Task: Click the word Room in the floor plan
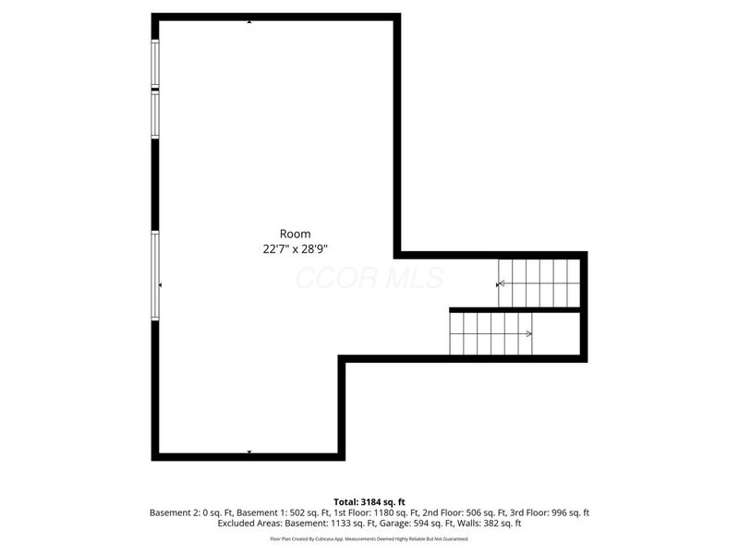(x=295, y=234)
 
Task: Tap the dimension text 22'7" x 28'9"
(x=295, y=248)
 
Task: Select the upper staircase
(x=539, y=283)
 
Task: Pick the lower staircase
(x=491, y=333)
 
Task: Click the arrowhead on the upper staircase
(x=501, y=284)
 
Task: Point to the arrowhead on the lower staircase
(x=529, y=333)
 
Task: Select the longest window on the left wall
(x=155, y=275)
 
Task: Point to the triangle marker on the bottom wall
(x=249, y=452)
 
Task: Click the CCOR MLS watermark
(x=369, y=278)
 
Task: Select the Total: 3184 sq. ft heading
(x=369, y=501)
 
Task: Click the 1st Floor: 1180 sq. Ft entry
(x=350, y=512)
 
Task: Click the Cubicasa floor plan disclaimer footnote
(x=369, y=538)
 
